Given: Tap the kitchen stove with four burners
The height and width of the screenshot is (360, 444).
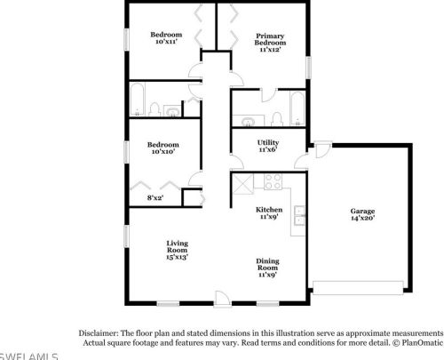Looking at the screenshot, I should click(273, 184).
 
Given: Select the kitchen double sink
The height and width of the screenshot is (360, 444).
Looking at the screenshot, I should click(300, 213).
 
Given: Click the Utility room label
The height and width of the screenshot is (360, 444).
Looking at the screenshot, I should click(268, 142).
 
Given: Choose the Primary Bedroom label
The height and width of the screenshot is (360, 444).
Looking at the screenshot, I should click(270, 38).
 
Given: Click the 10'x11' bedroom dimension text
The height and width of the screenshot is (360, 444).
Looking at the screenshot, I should click(165, 42).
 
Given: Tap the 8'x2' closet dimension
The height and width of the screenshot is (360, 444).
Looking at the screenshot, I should click(155, 197).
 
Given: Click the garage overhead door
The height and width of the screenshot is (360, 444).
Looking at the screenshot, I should click(359, 288).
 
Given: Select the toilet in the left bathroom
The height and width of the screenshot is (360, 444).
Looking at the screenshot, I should click(154, 109).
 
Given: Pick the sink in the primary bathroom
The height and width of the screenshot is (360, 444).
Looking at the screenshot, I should click(246, 118).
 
